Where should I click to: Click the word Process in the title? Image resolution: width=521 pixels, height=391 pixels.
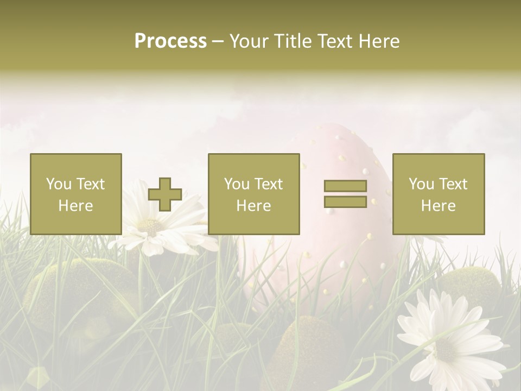(170, 41)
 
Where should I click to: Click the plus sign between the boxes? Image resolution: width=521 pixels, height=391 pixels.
(165, 194)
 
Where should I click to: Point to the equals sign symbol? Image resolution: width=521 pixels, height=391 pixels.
(345, 194)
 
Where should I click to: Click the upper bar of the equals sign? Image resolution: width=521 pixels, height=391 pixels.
(345, 186)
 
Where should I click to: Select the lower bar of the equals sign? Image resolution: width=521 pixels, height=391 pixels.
(345, 201)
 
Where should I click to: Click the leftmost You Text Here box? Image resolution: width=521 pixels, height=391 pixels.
(76, 194)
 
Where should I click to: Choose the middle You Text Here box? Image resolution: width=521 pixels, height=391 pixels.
(253, 194)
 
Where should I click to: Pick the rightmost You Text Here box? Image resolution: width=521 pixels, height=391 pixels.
(438, 194)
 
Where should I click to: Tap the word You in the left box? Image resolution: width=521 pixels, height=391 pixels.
(59, 184)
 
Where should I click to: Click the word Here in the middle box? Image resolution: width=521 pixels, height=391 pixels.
(253, 206)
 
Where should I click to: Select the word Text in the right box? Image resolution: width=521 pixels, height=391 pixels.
(453, 184)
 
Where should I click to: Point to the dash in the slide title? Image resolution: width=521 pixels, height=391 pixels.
(218, 41)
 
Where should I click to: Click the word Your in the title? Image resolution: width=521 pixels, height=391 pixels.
(247, 41)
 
